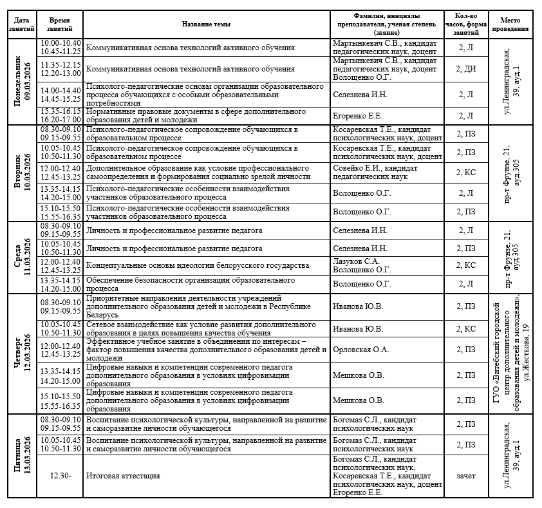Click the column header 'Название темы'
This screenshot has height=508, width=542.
[x=206, y=24]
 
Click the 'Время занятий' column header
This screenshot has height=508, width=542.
[x=61, y=24]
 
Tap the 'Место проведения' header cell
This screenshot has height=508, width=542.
[x=514, y=24]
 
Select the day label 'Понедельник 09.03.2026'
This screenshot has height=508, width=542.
[x=23, y=82]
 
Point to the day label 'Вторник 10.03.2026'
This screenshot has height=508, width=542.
[x=23, y=174]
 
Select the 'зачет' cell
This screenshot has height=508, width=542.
[x=466, y=476]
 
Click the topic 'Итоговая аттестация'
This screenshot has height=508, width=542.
[x=123, y=476]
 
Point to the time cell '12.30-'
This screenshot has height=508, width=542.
[x=61, y=476]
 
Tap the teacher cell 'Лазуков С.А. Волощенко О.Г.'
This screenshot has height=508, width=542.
[x=360, y=266]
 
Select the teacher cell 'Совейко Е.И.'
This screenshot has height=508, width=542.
[x=373, y=172]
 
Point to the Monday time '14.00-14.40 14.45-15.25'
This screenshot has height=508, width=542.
[x=61, y=95]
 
